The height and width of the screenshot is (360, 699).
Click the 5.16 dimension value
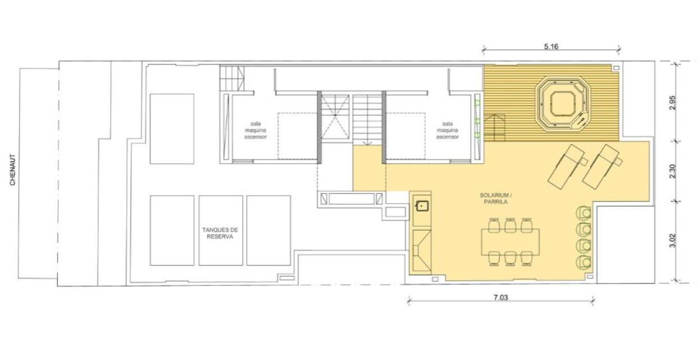[x=551, y=47]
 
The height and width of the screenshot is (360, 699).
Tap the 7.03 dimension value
[x=501, y=298]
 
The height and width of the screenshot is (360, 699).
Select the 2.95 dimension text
[x=673, y=102]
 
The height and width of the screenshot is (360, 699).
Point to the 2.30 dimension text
[x=673, y=171]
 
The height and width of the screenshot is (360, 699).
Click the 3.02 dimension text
[x=673, y=241]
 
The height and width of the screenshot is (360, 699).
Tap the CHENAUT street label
[x=12, y=170]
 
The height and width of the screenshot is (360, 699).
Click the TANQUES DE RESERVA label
[x=220, y=233]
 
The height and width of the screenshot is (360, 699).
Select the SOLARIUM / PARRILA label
[x=496, y=199]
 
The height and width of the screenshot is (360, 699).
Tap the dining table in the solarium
[x=510, y=242]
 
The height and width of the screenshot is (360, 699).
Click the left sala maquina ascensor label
[x=256, y=131]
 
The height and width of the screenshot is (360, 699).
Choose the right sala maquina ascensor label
[x=447, y=131]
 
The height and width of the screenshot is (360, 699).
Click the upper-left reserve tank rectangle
[x=172, y=129]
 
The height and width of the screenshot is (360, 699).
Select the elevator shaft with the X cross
[x=335, y=117]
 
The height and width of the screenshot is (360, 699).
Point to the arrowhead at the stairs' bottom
[x=367, y=143]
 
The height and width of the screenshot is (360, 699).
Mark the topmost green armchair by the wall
[x=583, y=213]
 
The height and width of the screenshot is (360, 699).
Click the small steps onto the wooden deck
[x=495, y=127]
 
